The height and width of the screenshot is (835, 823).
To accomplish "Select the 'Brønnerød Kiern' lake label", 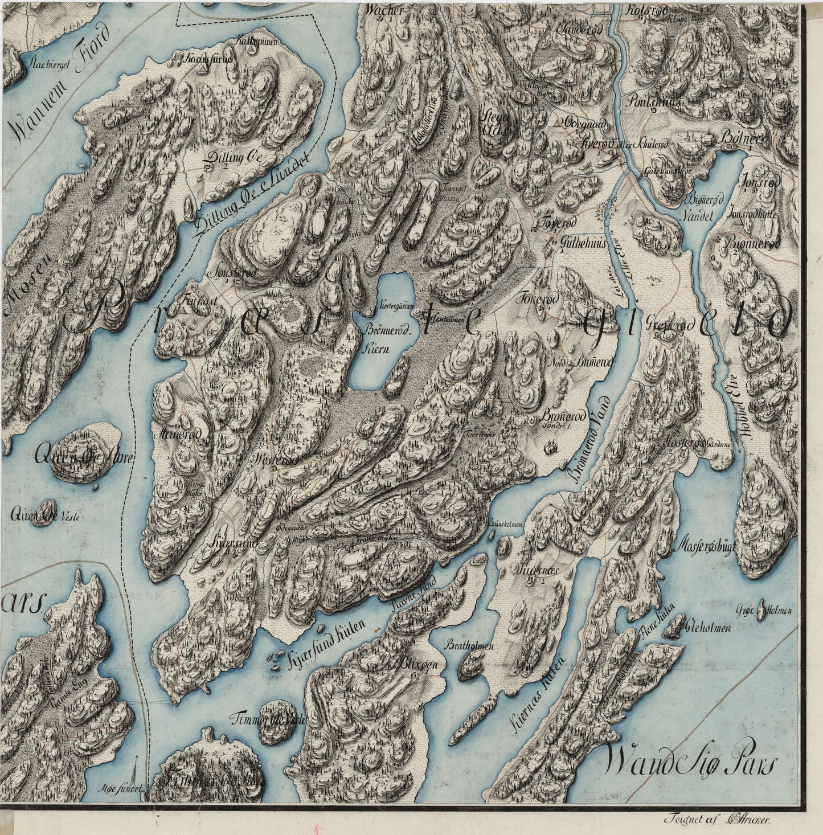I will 371,341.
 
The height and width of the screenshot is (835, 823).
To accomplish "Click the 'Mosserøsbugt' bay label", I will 705,546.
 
